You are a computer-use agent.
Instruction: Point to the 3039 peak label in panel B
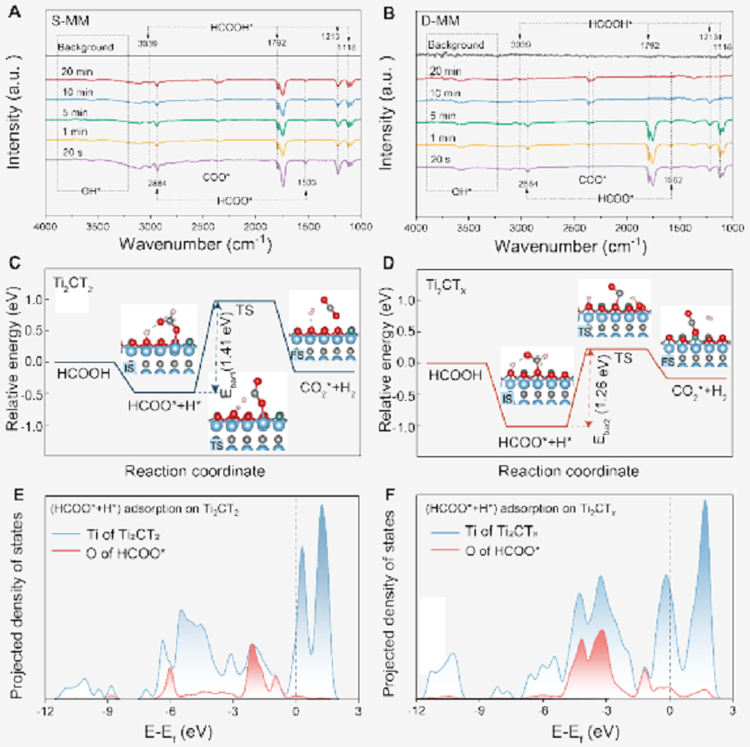[x=520, y=43]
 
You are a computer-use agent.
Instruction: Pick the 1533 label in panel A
[x=305, y=181]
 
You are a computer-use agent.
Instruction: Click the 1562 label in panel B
[x=670, y=181]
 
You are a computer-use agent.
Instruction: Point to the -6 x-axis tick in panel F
[x=542, y=711]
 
